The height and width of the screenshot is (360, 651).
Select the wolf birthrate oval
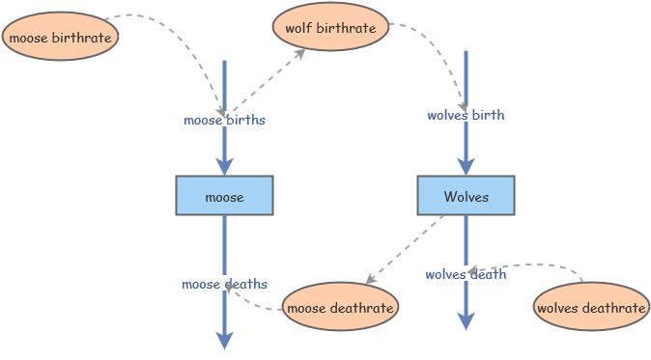(330, 28)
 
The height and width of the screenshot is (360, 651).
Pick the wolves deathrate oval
(591, 308)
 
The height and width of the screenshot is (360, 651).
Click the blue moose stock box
(224, 196)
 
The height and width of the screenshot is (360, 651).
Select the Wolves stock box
(466, 196)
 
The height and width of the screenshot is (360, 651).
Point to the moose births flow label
(224, 121)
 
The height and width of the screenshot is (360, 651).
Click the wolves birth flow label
(466, 116)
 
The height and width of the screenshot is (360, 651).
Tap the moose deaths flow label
(224, 284)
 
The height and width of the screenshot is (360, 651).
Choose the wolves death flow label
(466, 274)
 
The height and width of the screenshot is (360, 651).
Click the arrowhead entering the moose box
(224, 166)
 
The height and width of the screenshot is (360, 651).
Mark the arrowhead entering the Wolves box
(466, 166)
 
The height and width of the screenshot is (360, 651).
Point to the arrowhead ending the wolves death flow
(466, 321)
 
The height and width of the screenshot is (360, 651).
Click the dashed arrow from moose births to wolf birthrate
(266, 82)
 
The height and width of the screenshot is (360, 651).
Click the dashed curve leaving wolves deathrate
(541, 263)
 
